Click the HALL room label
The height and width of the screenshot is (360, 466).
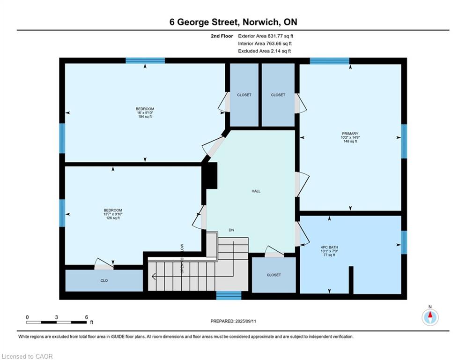pyautogui.click(x=256, y=191)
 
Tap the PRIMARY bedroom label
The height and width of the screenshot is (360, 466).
pyautogui.click(x=350, y=134)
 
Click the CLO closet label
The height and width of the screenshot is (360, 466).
pyautogui.click(x=104, y=280)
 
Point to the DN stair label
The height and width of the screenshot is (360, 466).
pyautogui.click(x=231, y=230)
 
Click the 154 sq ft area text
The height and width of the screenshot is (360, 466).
pyautogui.click(x=145, y=117)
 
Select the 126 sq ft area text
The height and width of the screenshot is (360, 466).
pyautogui.click(x=113, y=218)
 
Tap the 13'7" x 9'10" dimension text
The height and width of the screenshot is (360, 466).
pyautogui.click(x=113, y=214)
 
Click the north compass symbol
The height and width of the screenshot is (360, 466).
pyautogui.click(x=429, y=317)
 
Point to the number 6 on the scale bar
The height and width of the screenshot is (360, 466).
pyautogui.click(x=87, y=317)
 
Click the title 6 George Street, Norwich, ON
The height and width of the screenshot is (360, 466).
pyautogui.click(x=233, y=22)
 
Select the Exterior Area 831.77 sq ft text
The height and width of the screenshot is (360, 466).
pyautogui.click(x=266, y=36)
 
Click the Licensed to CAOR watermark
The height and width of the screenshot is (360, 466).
pyautogui.click(x=28, y=356)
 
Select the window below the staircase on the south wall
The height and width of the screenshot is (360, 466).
pyautogui.click(x=229, y=295)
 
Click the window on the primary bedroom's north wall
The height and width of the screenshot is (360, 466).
pyautogui.click(x=330, y=60)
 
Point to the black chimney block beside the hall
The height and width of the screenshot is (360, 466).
pyautogui.click(x=210, y=175)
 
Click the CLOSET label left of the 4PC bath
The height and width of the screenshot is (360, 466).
pyautogui.click(x=274, y=275)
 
